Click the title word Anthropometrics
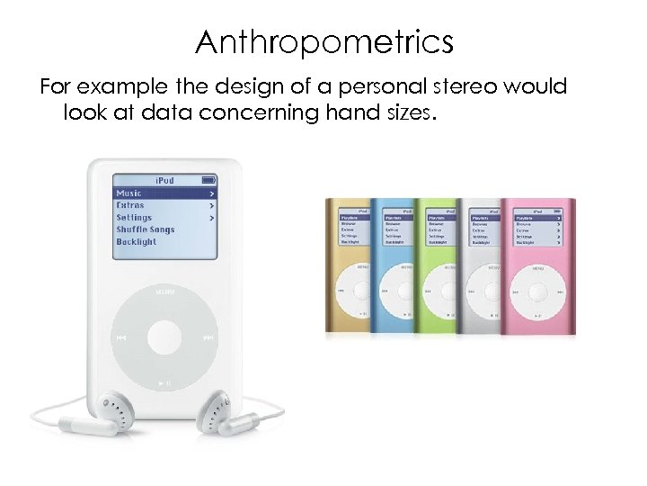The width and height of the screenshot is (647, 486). (323, 41)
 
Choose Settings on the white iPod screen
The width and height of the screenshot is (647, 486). (134, 218)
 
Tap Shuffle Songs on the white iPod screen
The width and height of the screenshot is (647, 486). (145, 229)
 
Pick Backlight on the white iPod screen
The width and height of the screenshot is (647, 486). (137, 242)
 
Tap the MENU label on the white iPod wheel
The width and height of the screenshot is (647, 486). (164, 292)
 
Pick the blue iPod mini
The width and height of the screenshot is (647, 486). (392, 266)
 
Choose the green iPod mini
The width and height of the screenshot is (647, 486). (435, 266)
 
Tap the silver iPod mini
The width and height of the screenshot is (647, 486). (478, 266)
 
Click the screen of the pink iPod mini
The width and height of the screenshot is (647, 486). (537, 229)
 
